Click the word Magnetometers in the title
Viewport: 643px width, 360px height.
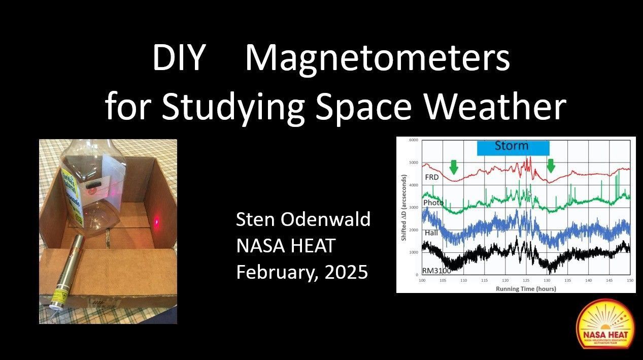pos(377,59)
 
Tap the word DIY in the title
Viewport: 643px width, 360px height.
pos(178,59)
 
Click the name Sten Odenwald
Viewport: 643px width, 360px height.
pos(303,220)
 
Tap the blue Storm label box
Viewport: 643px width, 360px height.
pos(513,147)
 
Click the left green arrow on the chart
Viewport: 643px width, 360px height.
pos(454,167)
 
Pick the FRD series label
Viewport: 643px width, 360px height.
pos(431,178)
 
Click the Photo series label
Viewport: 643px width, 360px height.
pos(433,203)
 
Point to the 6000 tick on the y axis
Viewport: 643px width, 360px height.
pos(413,140)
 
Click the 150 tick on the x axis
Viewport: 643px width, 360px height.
pos(630,281)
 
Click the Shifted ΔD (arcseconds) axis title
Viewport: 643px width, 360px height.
pos(404,207)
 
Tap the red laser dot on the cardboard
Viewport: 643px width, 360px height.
pos(157,221)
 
